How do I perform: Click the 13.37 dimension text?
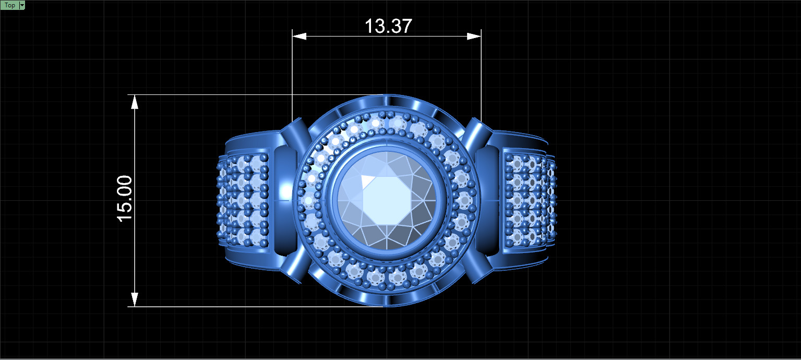click(x=388, y=26)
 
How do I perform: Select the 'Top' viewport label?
click(x=9, y=5)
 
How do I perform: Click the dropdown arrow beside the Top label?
click(x=22, y=5)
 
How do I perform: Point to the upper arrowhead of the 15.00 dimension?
click(x=135, y=102)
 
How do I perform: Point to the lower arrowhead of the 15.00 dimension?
click(x=135, y=299)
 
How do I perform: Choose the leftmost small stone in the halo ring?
click(x=308, y=200)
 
